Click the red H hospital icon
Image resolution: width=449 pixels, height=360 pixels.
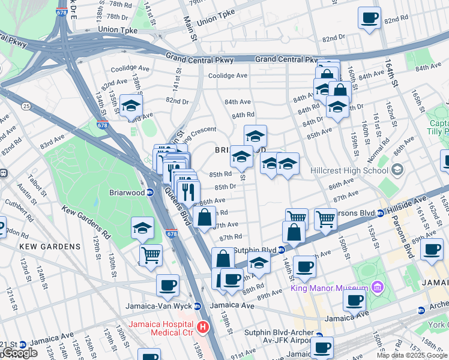[203, 327]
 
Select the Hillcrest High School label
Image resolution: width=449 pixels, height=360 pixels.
[349, 170]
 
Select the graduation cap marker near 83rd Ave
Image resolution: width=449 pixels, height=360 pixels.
[130, 106]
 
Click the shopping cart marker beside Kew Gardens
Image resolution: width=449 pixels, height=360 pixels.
[151, 254]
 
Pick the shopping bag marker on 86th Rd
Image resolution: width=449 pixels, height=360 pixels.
[205, 217]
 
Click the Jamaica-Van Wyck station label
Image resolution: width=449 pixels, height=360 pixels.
[158, 306]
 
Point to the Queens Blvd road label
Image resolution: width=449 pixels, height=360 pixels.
[177, 206]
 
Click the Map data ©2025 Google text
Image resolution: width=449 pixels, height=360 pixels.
[412, 355]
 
